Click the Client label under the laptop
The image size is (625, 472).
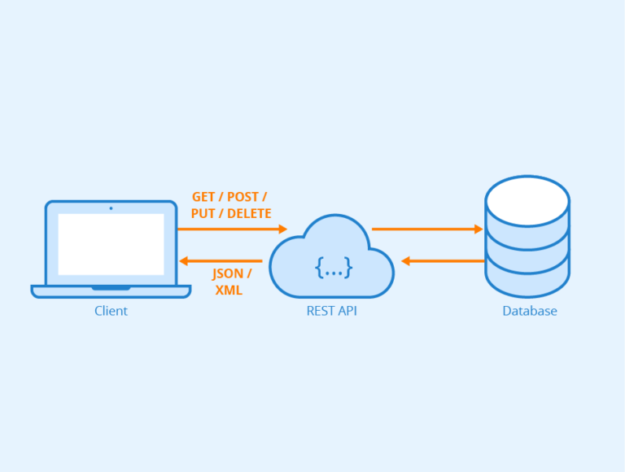click(x=111, y=311)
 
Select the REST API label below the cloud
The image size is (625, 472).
click(x=331, y=311)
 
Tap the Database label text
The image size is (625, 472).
click(x=529, y=311)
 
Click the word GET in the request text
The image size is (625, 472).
click(x=203, y=198)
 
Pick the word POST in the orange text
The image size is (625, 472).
click(x=243, y=198)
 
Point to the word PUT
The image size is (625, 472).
click(x=203, y=213)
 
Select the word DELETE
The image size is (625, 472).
click(x=249, y=213)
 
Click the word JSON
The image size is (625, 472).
click(x=227, y=274)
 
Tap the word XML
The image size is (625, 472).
click(x=229, y=291)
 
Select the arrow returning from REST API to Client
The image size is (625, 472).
click(x=221, y=261)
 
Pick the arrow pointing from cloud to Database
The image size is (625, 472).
click(x=427, y=229)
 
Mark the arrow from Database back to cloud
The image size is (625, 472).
click(x=444, y=261)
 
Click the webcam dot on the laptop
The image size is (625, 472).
click(x=111, y=208)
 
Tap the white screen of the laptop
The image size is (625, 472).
click(x=111, y=244)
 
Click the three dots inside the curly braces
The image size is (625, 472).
click(x=334, y=266)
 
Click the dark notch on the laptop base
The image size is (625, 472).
click(x=111, y=288)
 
